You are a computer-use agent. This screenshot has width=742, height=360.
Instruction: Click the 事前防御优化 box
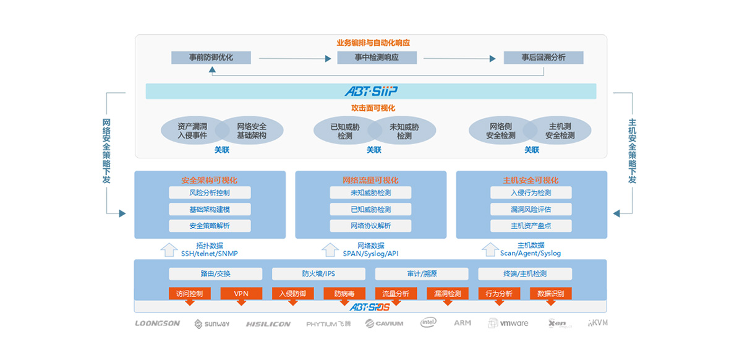point(211,58)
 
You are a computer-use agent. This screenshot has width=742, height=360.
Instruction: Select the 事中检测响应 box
point(377,58)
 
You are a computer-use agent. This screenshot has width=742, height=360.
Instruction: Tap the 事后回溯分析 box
point(543,58)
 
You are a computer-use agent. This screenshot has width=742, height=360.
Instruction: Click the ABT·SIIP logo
point(371,92)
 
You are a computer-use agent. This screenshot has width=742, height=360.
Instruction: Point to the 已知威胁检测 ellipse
point(345,131)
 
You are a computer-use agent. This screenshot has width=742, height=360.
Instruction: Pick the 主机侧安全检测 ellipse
point(560,131)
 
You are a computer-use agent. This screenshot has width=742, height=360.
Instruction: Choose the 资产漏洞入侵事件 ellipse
point(192,131)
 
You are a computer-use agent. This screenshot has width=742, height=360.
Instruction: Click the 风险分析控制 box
point(210,192)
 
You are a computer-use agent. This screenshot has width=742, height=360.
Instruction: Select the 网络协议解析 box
point(370,225)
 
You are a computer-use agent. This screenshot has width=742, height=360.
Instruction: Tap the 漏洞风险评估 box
point(531,209)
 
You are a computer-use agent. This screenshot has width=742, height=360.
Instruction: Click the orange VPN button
point(241,294)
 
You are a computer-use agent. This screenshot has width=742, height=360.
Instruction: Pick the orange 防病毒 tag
point(344,294)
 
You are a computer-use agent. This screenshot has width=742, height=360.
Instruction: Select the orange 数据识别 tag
point(550,294)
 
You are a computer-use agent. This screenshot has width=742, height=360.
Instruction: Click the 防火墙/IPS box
point(318,273)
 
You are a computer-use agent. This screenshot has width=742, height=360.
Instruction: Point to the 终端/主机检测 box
point(525,273)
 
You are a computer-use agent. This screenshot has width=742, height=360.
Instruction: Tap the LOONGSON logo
point(158,323)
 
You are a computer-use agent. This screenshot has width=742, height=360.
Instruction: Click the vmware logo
point(508,323)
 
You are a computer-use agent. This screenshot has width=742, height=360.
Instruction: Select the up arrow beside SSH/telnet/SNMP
point(168,249)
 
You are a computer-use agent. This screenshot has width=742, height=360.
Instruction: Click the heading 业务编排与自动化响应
point(373,43)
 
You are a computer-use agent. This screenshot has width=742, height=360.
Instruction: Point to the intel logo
point(429,323)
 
